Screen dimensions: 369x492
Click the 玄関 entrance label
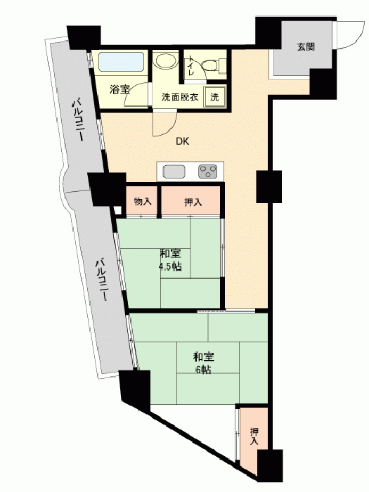coord(306,47)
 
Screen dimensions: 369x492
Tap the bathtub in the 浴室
coord(122,62)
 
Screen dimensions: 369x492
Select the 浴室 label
coord(120,89)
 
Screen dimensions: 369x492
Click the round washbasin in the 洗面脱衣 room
coord(166,60)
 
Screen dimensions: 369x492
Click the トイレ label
coord(190,65)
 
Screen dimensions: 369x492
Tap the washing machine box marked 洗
coord(214,97)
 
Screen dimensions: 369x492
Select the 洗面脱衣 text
coord(180,97)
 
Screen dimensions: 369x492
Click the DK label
coord(182,141)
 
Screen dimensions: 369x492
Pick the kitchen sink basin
coord(174,172)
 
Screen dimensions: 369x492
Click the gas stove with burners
coord(208,172)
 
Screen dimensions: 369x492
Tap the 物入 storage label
coord(143,202)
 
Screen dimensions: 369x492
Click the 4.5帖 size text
coord(170,266)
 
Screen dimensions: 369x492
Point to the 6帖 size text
coord(203,370)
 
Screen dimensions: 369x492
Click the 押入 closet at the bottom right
coord(254,436)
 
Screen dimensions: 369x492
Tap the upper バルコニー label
coord(78,120)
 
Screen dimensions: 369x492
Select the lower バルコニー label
coord(101,279)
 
